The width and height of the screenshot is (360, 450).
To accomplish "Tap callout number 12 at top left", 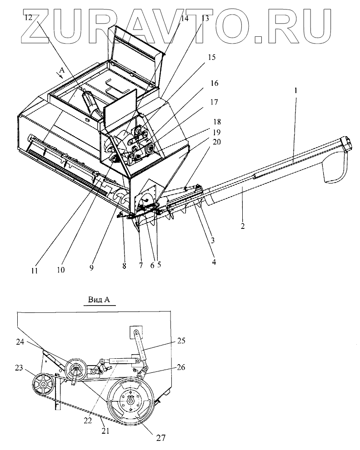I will click(29, 18).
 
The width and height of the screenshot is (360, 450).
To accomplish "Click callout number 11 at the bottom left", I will click(35, 272).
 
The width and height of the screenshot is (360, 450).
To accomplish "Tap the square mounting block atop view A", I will click(135, 332).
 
